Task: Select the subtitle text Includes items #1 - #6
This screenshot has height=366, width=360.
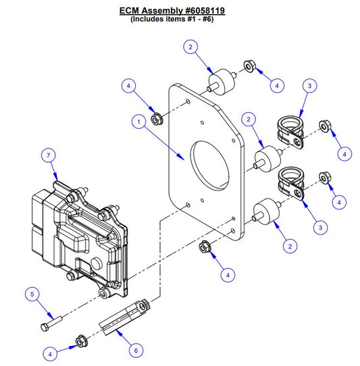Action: (179, 21)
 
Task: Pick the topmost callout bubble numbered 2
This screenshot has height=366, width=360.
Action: (192, 47)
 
